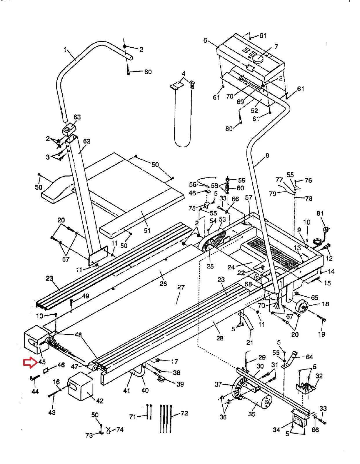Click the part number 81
(x=320, y=213)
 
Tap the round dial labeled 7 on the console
(x=259, y=58)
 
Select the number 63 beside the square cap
(x=77, y=117)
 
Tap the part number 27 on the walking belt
(x=181, y=287)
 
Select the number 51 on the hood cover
(x=147, y=230)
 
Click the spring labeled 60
(x=228, y=188)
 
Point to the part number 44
(x=35, y=391)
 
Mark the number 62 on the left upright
(x=87, y=141)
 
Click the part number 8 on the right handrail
(x=267, y=156)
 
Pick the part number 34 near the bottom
(x=276, y=429)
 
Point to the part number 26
(x=163, y=284)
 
